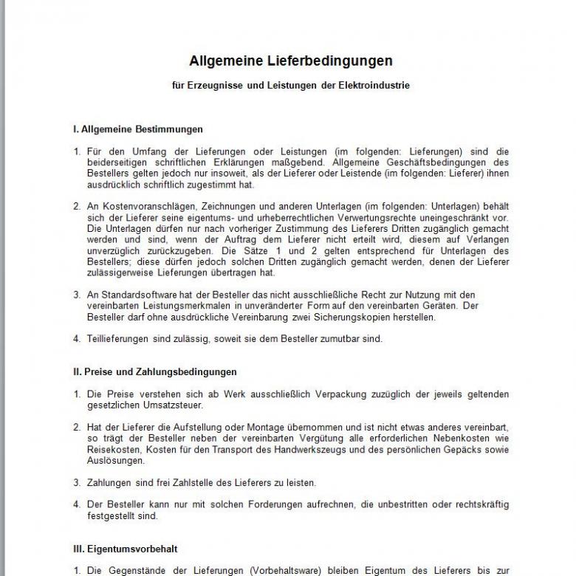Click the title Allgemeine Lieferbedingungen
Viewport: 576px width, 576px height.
[x=290, y=61]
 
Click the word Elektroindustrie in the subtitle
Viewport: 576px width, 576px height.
[x=372, y=86]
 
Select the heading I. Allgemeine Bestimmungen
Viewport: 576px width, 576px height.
[x=137, y=129]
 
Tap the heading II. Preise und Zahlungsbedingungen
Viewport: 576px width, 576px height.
[x=154, y=371]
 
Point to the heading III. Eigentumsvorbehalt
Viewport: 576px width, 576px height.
[x=125, y=549]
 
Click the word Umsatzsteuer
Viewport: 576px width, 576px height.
[x=175, y=405]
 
